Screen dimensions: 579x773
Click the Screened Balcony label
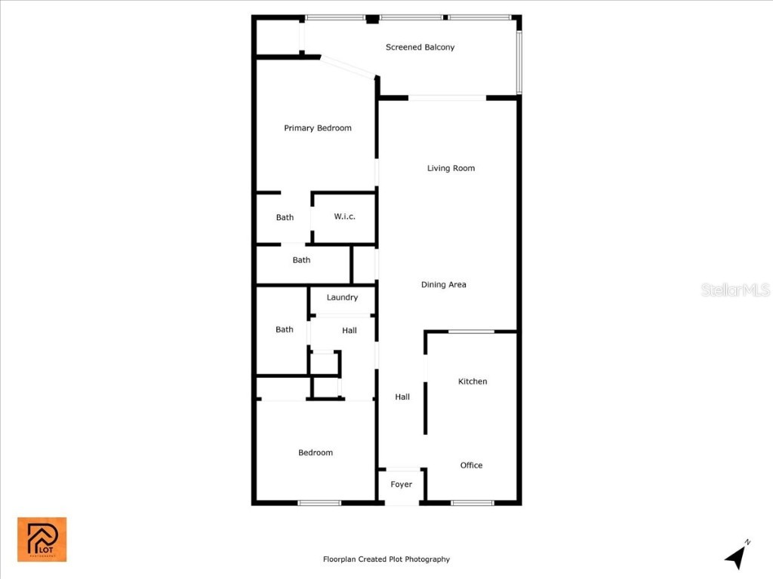[x=420, y=47]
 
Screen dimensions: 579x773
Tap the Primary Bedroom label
[x=317, y=128]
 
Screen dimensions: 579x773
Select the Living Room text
[x=451, y=168]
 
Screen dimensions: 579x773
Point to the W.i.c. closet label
[x=344, y=217]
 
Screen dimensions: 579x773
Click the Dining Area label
[x=443, y=285]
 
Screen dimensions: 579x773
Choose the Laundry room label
[x=342, y=298]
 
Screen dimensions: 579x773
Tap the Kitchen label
[x=473, y=381]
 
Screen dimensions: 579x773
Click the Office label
[x=471, y=466]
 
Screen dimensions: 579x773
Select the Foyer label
[x=401, y=485]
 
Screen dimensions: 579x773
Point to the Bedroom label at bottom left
[x=315, y=453]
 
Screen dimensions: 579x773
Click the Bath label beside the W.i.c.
[x=285, y=218]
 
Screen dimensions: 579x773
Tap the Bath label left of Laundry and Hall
[x=284, y=329]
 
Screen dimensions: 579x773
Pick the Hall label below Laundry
[x=349, y=330]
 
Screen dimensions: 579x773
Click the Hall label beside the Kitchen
[x=402, y=397]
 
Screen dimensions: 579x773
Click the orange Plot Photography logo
[x=42, y=539]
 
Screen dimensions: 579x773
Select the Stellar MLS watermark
[x=735, y=290]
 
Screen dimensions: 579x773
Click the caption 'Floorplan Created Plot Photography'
[x=386, y=559]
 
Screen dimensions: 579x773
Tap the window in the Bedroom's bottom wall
[x=319, y=503]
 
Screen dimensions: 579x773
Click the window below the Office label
[x=473, y=503]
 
